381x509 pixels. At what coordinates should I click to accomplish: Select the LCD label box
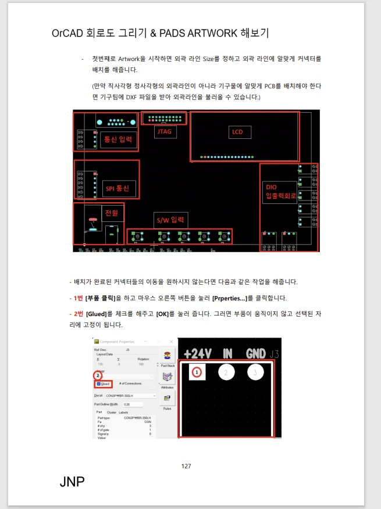(237, 132)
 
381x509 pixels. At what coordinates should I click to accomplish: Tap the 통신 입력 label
(118, 139)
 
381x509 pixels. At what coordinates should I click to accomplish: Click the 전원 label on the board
(111, 213)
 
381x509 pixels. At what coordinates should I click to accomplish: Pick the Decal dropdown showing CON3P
(131, 395)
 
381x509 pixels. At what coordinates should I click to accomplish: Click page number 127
(186, 466)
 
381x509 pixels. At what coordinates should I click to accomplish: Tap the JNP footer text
(72, 482)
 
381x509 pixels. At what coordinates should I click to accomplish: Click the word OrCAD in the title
(67, 33)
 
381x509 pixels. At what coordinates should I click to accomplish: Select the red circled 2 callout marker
(98, 375)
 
